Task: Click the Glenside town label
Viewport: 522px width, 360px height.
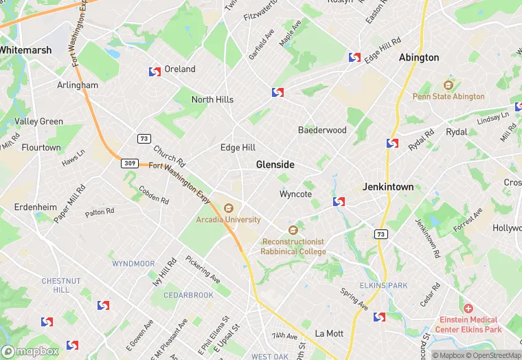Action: pos(275,165)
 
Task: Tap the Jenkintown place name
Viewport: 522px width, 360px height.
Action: pos(388,187)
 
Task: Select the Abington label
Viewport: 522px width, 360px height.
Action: pos(419,58)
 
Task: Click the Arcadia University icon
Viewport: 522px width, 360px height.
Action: pos(229,207)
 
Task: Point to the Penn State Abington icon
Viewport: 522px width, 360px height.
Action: pos(449,85)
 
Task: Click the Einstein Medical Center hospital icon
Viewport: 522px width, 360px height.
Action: pos(468,308)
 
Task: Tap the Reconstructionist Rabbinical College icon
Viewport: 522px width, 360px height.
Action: pos(293,230)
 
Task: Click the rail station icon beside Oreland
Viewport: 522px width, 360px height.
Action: pos(155,71)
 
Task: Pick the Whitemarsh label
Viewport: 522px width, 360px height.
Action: pos(22,50)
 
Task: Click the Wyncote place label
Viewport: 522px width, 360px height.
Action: pos(295,194)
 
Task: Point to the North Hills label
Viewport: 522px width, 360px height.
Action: pos(212,100)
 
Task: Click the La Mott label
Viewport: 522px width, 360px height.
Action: pos(328,333)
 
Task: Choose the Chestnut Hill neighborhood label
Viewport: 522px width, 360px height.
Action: pos(61,285)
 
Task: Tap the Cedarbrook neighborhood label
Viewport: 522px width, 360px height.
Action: pos(188,295)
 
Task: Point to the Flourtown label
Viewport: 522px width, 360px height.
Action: pos(41,148)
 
